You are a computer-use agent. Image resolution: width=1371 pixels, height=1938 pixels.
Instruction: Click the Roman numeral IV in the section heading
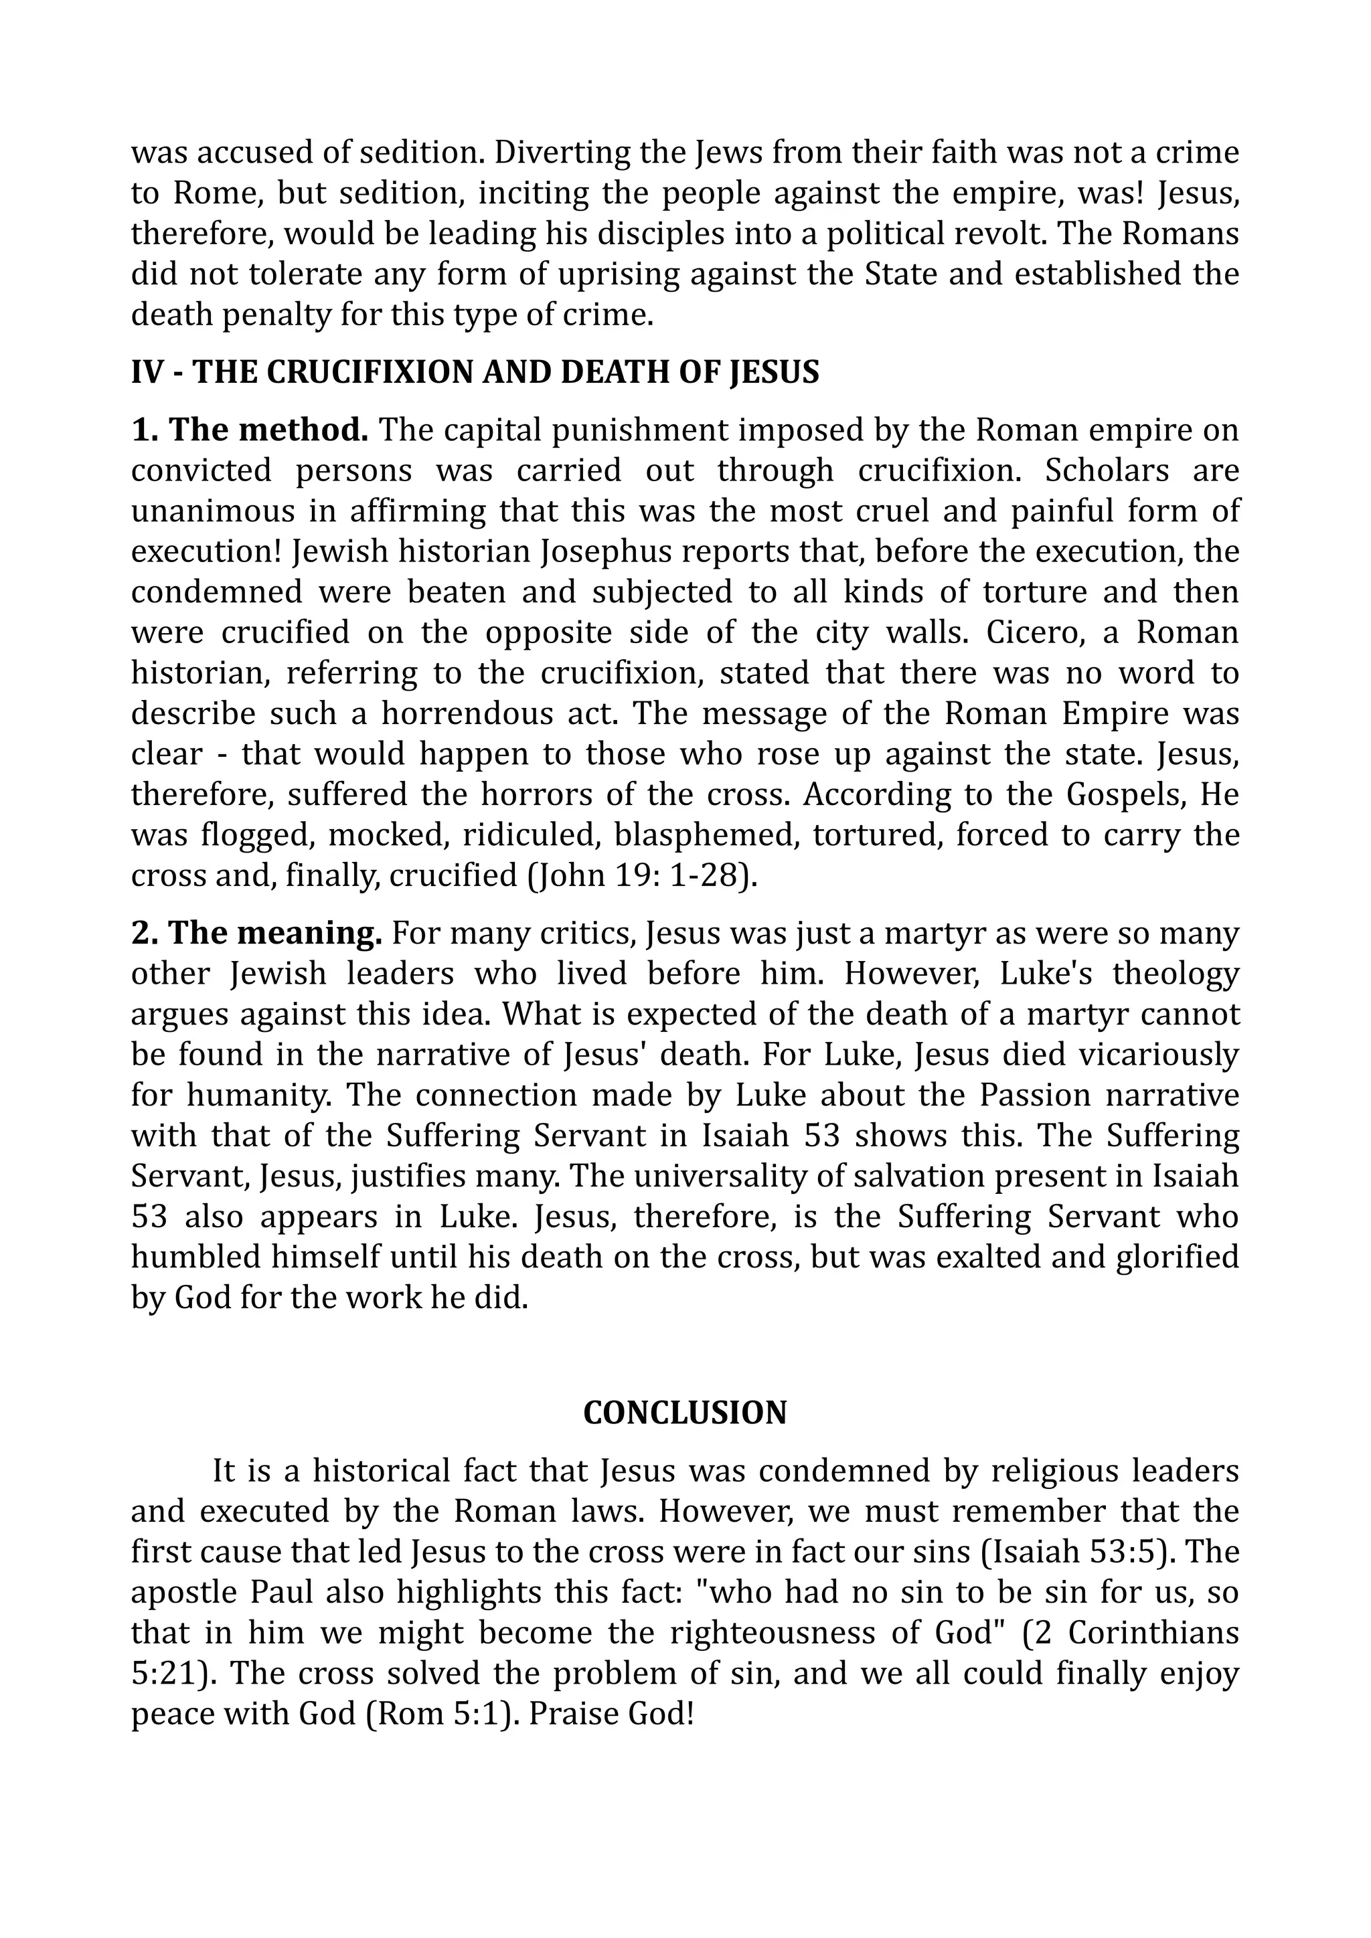(147, 372)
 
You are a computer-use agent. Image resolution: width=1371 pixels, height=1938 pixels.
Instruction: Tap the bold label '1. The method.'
(250, 430)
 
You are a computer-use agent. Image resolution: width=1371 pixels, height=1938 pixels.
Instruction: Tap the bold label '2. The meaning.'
(256, 933)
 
